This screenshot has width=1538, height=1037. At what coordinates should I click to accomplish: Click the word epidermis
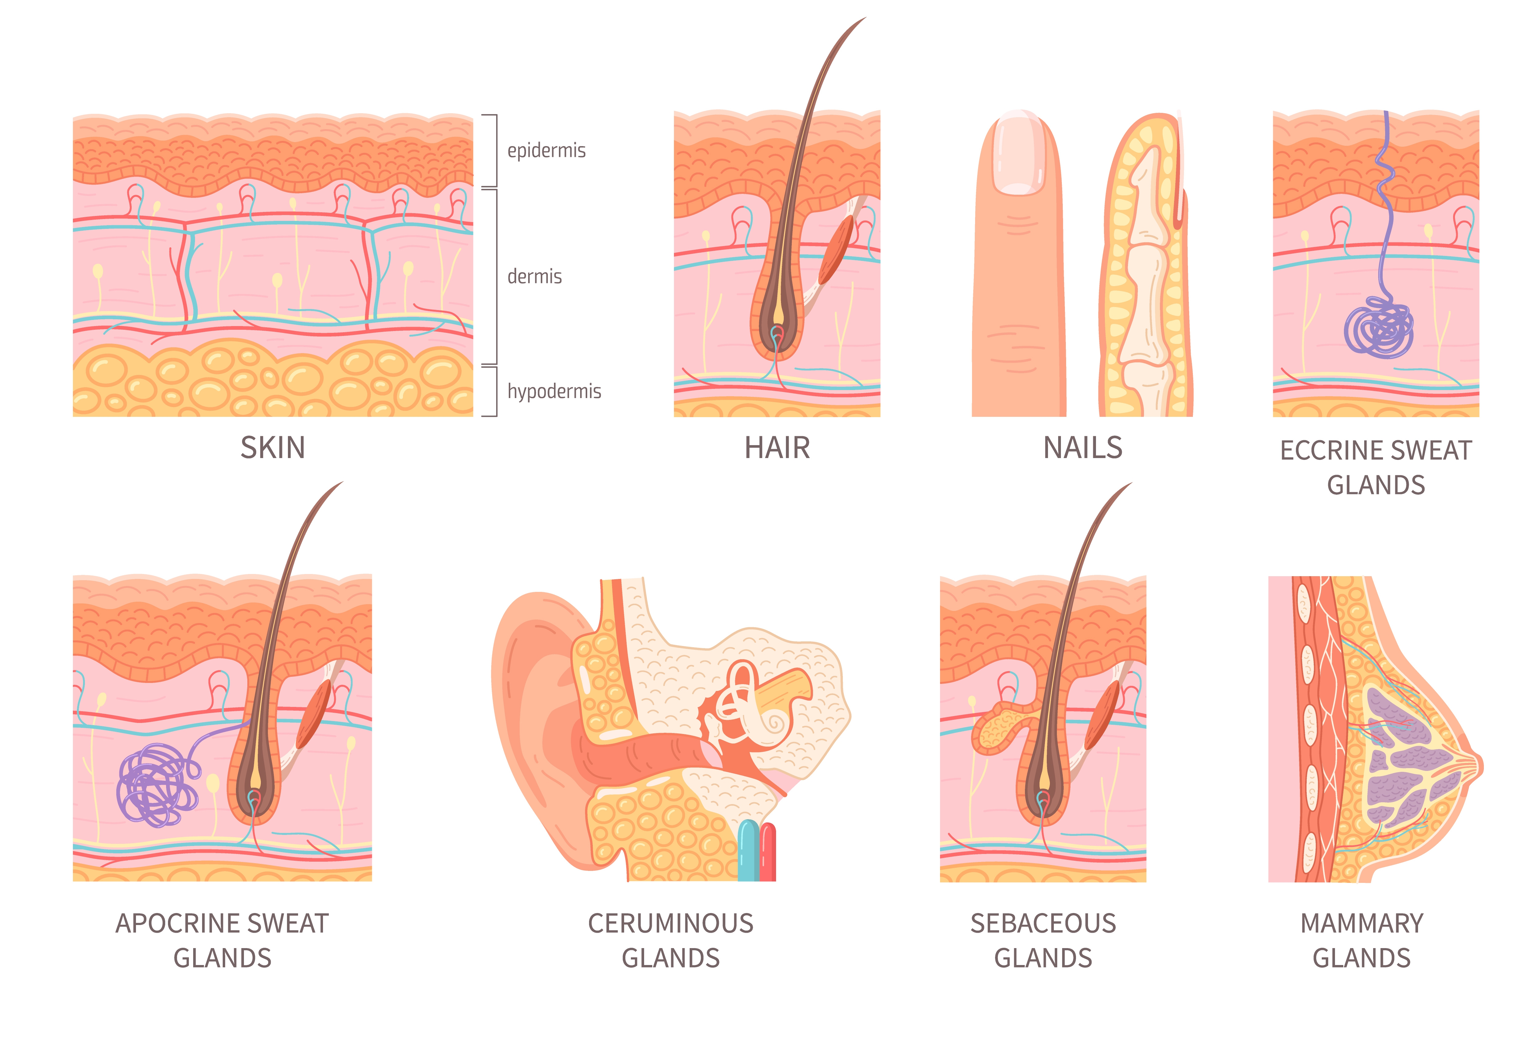click(546, 151)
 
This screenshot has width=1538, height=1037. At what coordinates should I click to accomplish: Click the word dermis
click(534, 277)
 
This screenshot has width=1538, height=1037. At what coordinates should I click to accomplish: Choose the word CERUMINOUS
click(671, 923)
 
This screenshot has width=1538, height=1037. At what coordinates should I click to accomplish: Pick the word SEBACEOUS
click(1043, 923)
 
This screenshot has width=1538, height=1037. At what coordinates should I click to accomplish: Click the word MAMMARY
click(1361, 923)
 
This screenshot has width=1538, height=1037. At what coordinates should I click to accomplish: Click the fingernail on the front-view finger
click(1019, 154)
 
